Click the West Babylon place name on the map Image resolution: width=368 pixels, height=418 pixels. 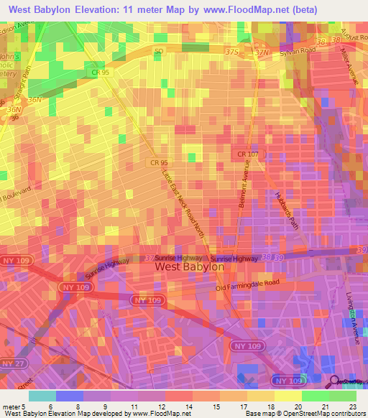[x=190, y=266]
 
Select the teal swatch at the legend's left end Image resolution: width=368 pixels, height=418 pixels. [x=42, y=396]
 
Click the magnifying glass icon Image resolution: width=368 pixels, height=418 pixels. [x=335, y=382]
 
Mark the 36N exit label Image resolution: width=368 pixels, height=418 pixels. [x=34, y=100]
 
